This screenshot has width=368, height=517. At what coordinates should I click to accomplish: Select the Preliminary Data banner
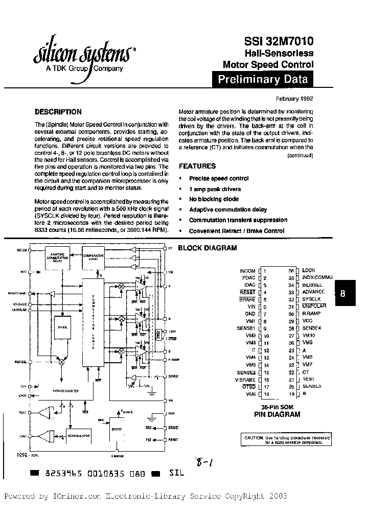263,80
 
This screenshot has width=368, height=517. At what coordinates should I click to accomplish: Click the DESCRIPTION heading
58,112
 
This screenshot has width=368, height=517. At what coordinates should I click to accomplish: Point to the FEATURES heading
197,166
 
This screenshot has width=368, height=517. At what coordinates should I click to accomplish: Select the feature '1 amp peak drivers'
215,189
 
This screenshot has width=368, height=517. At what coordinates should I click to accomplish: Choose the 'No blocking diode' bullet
214,199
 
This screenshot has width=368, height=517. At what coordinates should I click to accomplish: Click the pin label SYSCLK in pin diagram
311,299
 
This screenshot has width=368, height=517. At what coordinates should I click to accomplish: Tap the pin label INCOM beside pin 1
247,271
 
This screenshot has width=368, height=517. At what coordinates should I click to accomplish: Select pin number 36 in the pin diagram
291,270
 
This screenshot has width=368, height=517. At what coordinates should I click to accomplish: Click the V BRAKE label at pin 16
245,380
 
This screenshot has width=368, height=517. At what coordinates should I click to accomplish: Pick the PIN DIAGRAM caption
278,415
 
